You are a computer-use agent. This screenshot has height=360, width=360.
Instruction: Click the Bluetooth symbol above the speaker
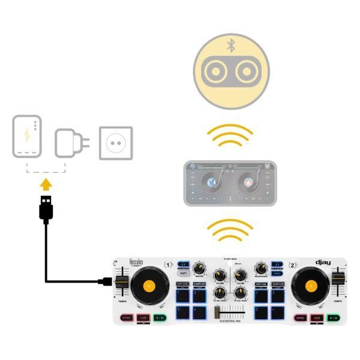pyautogui.click(x=231, y=45)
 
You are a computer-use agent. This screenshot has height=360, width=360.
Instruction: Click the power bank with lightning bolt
pyautogui.click(x=28, y=136)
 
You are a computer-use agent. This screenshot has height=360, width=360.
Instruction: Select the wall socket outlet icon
pyautogui.click(x=115, y=142)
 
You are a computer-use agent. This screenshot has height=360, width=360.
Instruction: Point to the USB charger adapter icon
pyautogui.click(x=71, y=143)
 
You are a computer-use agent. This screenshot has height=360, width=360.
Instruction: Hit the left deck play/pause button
pyautogui.click(x=159, y=317)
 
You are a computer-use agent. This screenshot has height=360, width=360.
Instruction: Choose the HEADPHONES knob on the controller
pyautogui.click(x=260, y=269)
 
